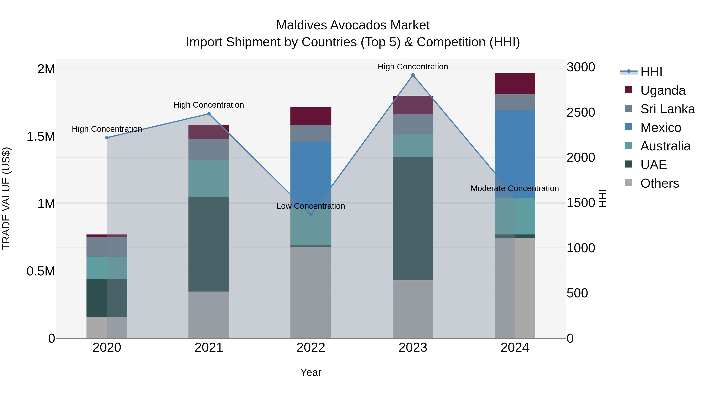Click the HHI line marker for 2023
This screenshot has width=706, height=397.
tap(413, 75)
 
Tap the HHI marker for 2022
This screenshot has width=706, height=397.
tap(311, 214)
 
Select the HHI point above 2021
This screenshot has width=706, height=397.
tap(209, 114)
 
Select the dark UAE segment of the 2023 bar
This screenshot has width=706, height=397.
tap(413, 219)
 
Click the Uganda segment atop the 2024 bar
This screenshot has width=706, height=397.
tap(515, 84)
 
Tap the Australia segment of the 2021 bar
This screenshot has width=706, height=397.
tap(209, 178)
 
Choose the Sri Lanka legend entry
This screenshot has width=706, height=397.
tap(667, 109)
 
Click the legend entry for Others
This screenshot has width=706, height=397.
tap(659, 183)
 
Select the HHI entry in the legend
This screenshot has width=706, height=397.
tap(651, 72)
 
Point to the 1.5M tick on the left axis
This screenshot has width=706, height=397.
tap(41, 136)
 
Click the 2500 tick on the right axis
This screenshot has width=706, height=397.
tap(580, 112)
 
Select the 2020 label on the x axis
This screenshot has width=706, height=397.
tap(107, 347)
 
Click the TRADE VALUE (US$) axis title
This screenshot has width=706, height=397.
tap(6, 198)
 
